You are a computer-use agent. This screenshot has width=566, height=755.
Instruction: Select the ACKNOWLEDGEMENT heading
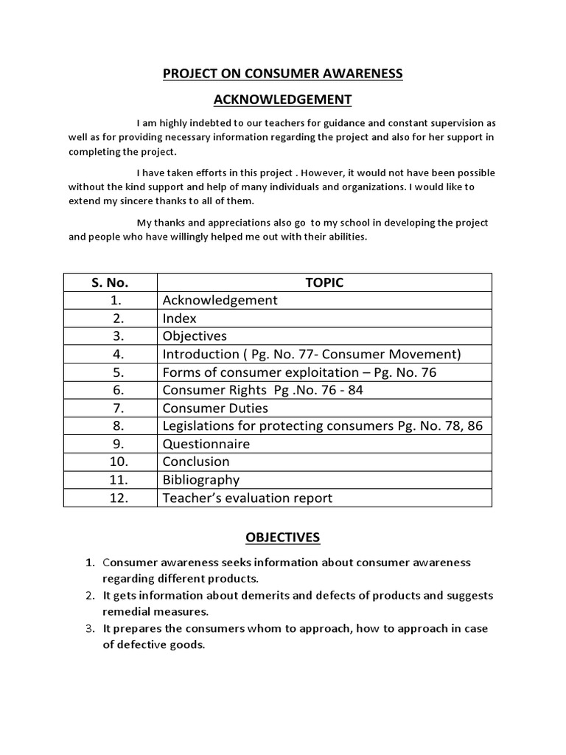[282, 100]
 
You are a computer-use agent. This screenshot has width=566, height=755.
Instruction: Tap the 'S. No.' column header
[111, 282]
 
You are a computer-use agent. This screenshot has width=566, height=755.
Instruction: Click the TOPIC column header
[324, 282]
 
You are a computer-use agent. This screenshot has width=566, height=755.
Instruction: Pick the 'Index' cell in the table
[180, 319]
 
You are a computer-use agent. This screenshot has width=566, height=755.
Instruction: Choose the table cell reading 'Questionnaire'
[206, 444]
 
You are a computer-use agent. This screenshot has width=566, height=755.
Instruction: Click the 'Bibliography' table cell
[200, 480]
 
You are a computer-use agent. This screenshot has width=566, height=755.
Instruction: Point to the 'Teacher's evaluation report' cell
[247, 498]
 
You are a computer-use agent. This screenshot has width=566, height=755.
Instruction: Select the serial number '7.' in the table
[111, 408]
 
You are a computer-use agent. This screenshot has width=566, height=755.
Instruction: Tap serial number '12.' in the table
[111, 498]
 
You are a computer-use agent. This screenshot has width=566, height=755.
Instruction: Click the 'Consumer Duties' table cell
[215, 408]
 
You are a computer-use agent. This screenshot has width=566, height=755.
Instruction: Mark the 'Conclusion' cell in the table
[196, 462]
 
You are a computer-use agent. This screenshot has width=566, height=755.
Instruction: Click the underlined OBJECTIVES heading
[282, 537]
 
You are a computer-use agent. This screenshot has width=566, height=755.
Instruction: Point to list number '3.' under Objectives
[90, 628]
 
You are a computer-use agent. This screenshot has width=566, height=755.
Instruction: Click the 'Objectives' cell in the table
[195, 336]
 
